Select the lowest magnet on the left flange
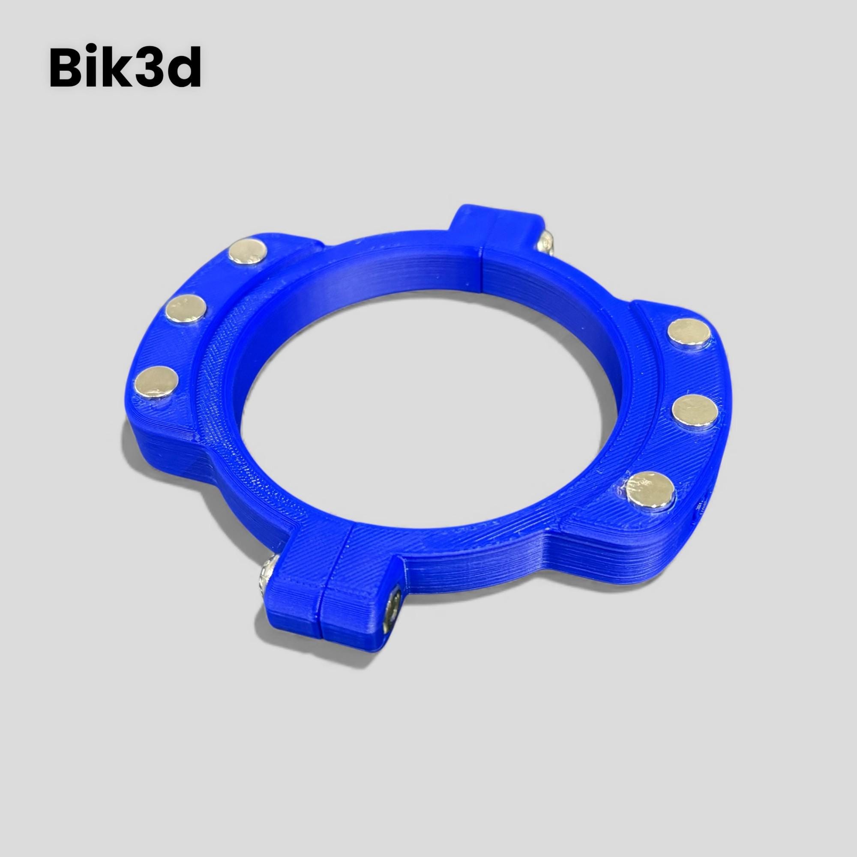[156, 382]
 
